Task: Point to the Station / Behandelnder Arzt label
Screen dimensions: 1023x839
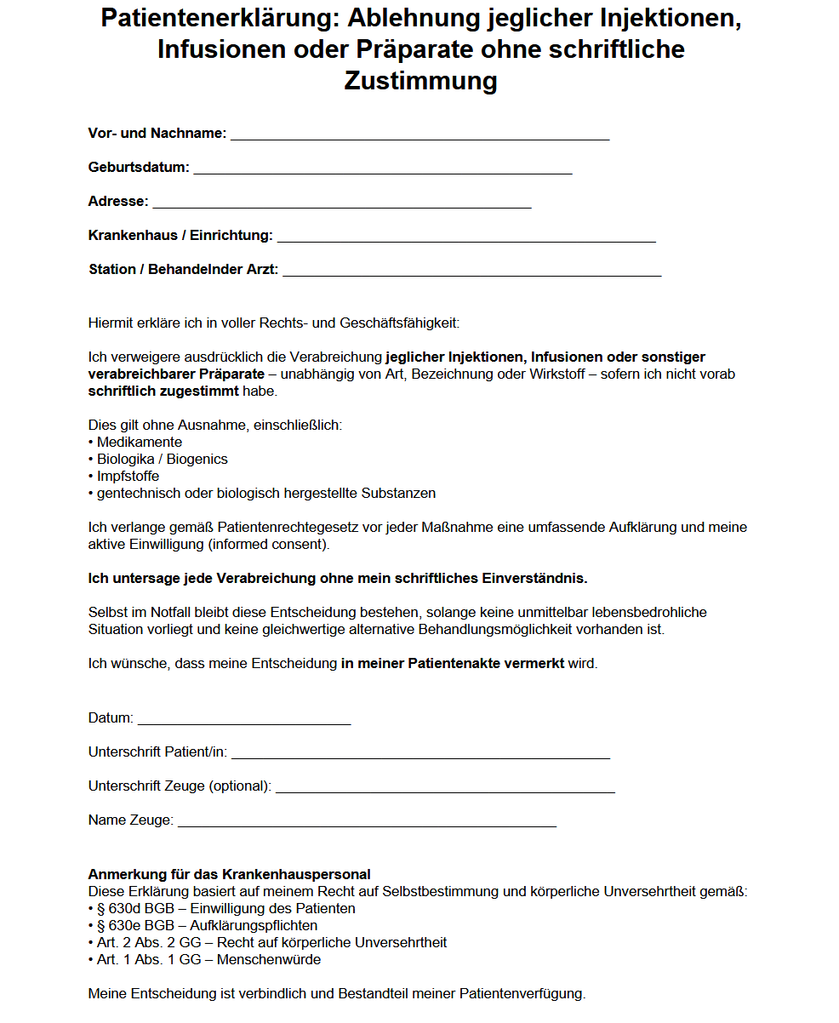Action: [x=183, y=270]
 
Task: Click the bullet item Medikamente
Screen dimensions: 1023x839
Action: [x=140, y=443]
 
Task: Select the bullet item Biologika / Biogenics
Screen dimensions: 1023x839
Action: [x=162, y=460]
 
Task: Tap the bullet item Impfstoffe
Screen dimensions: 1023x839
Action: [x=128, y=477]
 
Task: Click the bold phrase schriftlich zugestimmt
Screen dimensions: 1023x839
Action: [x=163, y=391]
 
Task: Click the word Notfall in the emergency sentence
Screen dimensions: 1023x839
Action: [x=170, y=613]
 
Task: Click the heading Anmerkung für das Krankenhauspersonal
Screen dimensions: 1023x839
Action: [x=230, y=875]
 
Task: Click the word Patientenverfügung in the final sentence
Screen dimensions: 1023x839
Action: [x=522, y=994]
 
